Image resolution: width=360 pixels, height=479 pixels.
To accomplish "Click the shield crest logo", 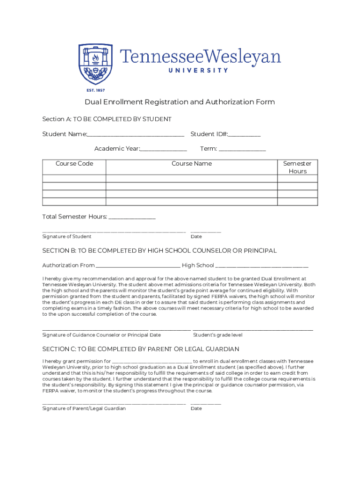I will click(x=95, y=63).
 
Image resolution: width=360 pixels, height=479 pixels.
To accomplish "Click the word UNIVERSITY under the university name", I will click(x=198, y=71).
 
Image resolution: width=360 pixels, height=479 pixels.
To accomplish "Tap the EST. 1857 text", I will click(x=95, y=90).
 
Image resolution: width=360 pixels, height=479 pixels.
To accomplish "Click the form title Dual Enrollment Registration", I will click(x=180, y=102).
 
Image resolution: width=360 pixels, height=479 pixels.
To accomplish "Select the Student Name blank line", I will click(x=136, y=136).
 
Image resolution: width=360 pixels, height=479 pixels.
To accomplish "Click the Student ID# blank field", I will click(x=245, y=136).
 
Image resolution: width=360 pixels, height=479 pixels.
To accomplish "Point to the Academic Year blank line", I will click(x=164, y=150).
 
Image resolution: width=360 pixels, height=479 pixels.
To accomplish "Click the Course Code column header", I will click(x=74, y=164).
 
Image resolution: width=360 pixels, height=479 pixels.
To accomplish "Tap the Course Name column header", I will click(x=192, y=164).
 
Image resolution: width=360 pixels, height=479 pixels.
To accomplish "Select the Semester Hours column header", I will click(x=297, y=167).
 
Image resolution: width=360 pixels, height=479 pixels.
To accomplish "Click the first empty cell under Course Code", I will click(x=74, y=179).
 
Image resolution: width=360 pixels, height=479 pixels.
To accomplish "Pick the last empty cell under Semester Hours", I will click(x=297, y=202).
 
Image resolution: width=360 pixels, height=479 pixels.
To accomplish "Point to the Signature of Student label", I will click(x=67, y=237).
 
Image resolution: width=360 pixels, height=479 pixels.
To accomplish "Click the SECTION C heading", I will click(x=141, y=349).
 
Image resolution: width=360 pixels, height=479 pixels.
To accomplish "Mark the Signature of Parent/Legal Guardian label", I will click(x=84, y=408).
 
